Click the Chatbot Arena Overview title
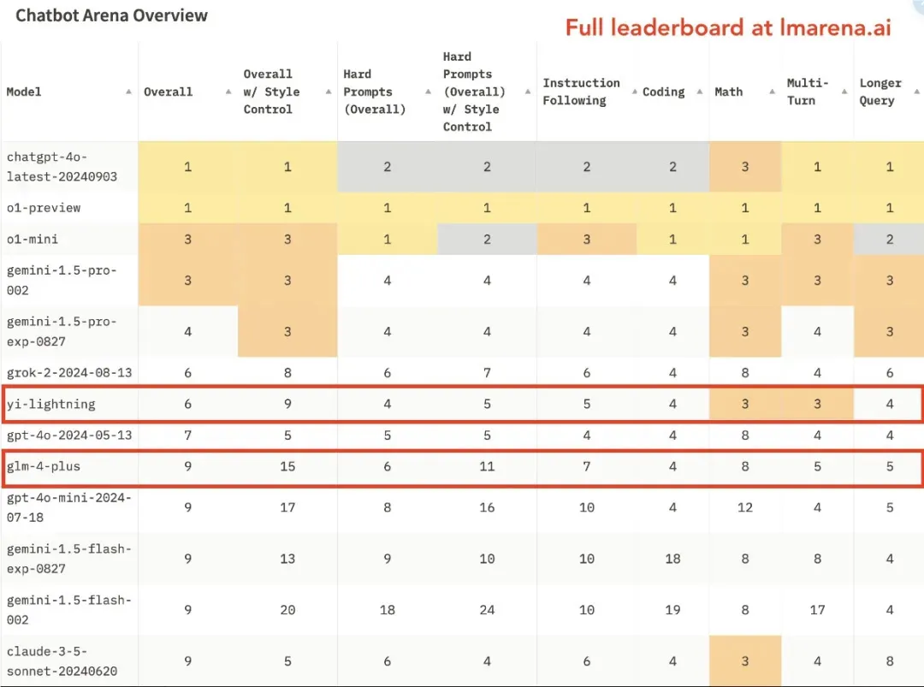click(111, 15)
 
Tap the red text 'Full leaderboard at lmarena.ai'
click(728, 27)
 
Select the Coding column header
click(663, 92)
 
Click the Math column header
click(729, 92)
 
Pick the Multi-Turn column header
click(807, 92)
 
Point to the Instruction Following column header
click(581, 92)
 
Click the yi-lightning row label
click(50, 404)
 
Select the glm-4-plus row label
click(44, 466)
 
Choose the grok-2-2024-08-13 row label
click(68, 372)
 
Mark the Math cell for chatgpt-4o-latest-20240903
click(744, 167)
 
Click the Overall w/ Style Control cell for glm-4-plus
click(287, 466)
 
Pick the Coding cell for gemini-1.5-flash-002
click(672, 610)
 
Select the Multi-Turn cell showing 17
click(817, 610)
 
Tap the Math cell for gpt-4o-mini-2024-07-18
click(744, 507)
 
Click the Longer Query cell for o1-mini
click(890, 240)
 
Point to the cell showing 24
click(487, 610)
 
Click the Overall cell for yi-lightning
click(187, 404)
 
